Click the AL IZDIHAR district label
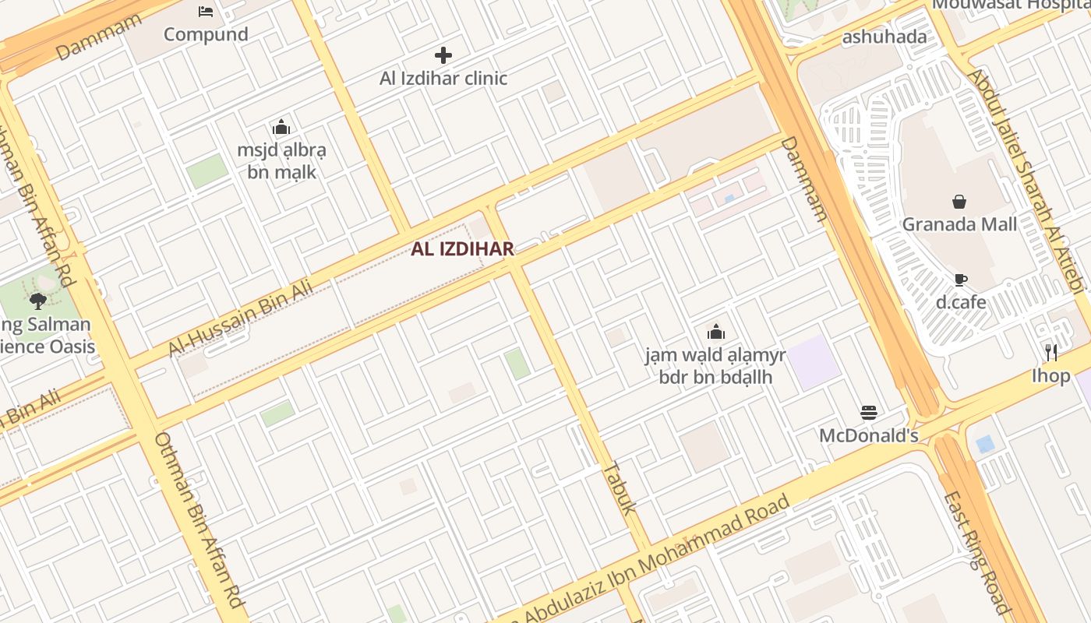click(x=462, y=249)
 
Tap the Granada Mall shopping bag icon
click(x=959, y=202)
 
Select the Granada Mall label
click(x=959, y=224)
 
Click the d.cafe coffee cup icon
click(x=960, y=280)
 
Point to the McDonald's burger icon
click(x=868, y=413)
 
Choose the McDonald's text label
click(x=868, y=435)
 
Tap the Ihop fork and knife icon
click(x=1051, y=353)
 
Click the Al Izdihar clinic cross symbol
click(x=443, y=55)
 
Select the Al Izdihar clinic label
click(x=443, y=78)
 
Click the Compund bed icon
click(x=206, y=12)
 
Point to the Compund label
click(x=206, y=34)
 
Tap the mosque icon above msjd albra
click(x=281, y=128)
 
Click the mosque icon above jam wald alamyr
click(x=715, y=333)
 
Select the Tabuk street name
click(x=620, y=487)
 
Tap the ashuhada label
click(x=884, y=37)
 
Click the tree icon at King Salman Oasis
click(x=37, y=301)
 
